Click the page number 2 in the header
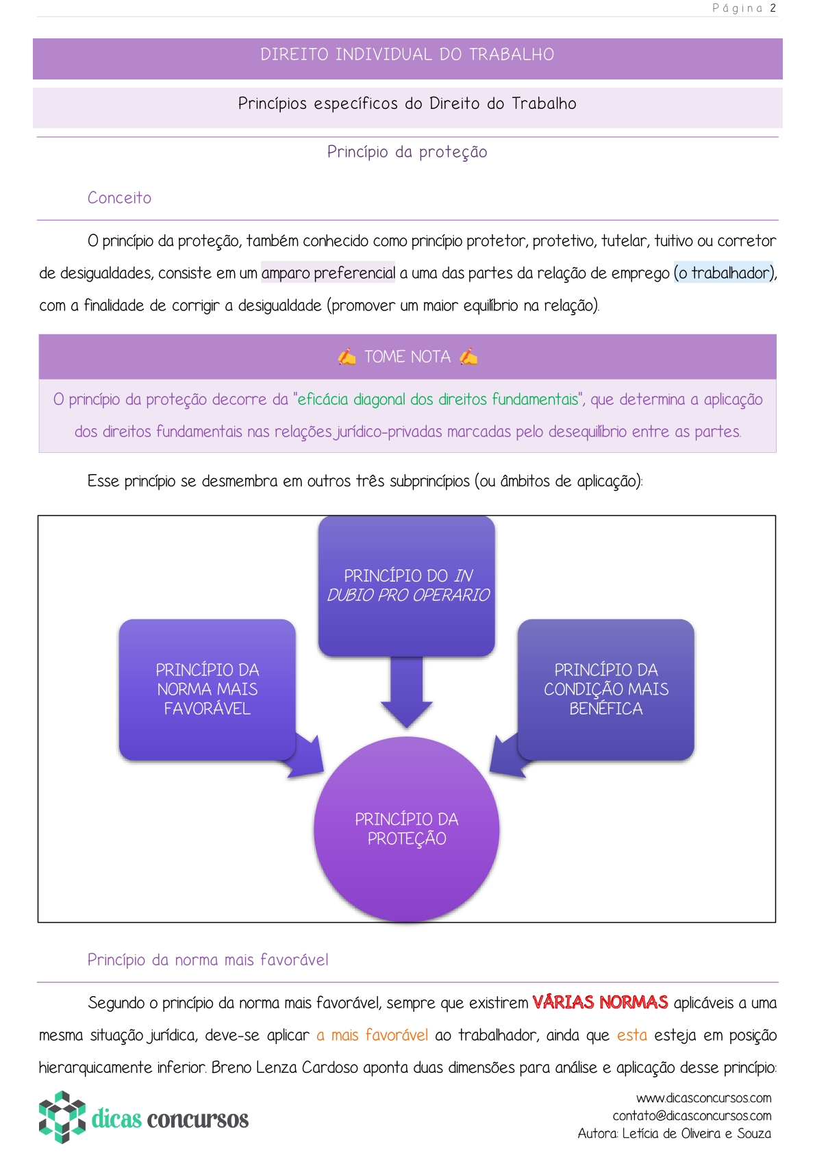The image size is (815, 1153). pos(773,8)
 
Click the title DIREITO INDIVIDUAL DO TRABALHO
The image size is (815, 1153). pos(407,55)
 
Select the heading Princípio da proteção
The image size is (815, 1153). pos(407,152)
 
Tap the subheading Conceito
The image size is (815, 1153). pos(119,198)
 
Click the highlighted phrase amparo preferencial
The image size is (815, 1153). pos(328,273)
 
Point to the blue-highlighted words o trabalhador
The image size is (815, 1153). pos(724,273)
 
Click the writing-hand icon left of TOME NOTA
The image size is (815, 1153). pos(347,357)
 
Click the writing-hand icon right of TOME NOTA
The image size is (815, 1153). pos(468,357)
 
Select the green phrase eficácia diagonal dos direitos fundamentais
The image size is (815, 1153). pos(438,399)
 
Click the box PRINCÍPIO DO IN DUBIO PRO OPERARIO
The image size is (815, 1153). pos(407,586)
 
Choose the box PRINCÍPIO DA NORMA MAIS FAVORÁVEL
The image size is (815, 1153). pos(207,689)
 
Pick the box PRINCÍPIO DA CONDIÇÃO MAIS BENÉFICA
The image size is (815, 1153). pos(606,689)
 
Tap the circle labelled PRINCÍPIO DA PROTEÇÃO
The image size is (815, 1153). pos(407,829)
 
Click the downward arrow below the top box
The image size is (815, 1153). pos(407,692)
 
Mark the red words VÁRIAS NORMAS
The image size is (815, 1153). pos(600,1003)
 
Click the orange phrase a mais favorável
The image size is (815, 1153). pos(373,1035)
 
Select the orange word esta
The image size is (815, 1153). pos(631,1035)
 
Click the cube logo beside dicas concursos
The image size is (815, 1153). pos(62,1117)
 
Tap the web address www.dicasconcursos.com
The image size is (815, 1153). pos(703,1098)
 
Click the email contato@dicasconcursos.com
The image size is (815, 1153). pos(692,1116)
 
